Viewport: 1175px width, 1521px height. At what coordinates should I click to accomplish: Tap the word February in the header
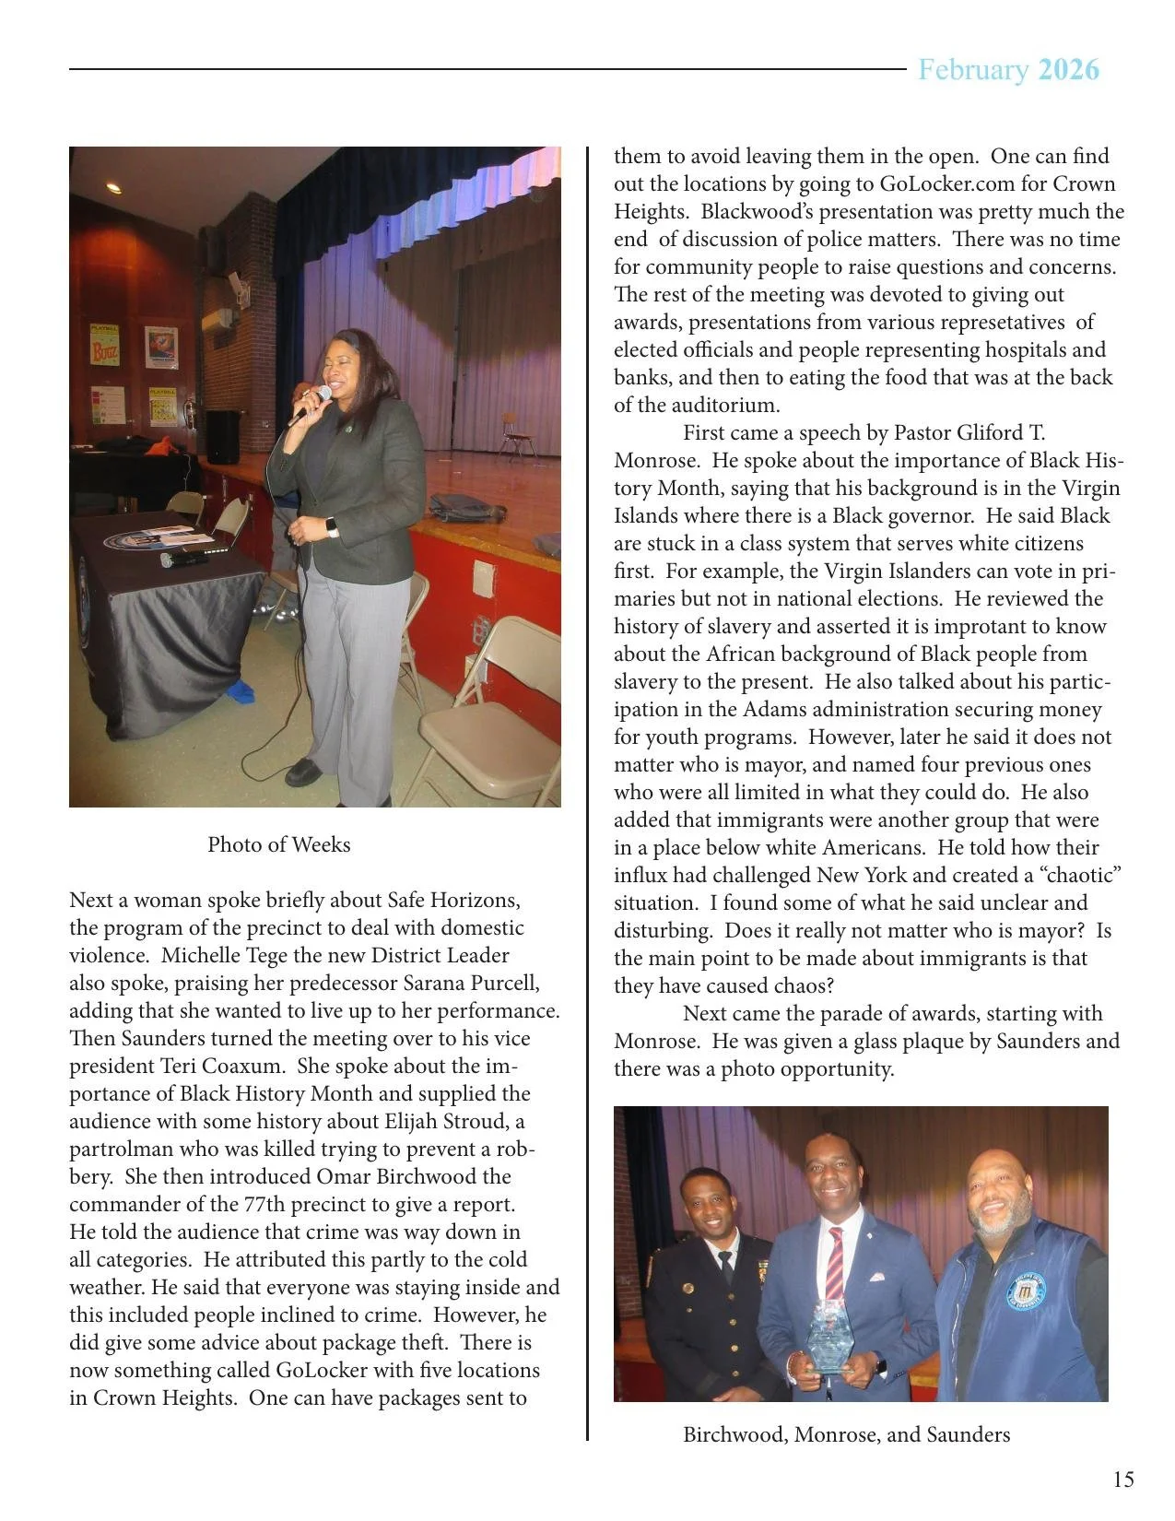(x=973, y=70)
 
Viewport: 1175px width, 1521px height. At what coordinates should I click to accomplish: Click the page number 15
(x=1122, y=1480)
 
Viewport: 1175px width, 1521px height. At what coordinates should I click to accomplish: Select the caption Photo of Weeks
(x=278, y=844)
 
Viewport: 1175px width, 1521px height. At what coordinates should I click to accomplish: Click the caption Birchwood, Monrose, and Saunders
(x=846, y=1434)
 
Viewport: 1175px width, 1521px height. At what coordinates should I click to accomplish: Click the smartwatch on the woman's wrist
(x=332, y=527)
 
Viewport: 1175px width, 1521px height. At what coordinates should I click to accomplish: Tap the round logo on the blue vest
(x=1025, y=1291)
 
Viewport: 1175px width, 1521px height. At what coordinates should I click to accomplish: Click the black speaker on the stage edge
(x=222, y=437)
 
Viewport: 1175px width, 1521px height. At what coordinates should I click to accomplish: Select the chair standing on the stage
(x=517, y=437)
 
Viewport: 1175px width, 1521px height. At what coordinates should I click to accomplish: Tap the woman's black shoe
(x=303, y=772)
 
